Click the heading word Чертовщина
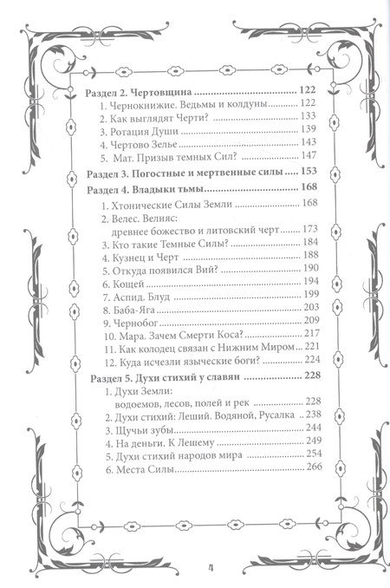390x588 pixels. pyautogui.click(x=159, y=90)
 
